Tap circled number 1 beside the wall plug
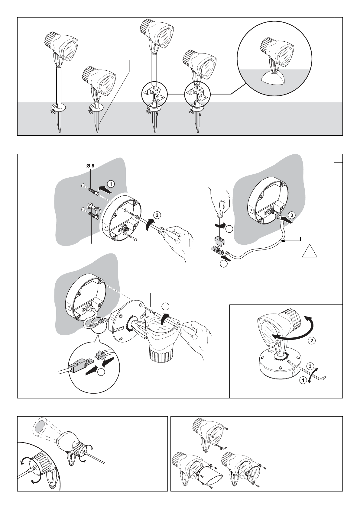pyautogui.click(x=111, y=184)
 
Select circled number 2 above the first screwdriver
pyautogui.click(x=157, y=215)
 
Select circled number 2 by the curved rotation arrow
pyautogui.click(x=312, y=340)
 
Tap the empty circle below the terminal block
pyautogui.click(x=224, y=264)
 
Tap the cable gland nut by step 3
pyautogui.click(x=277, y=215)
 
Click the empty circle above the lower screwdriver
pyautogui.click(x=166, y=307)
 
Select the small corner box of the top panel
pyautogui.click(x=338, y=22)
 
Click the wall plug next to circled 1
pyautogui.click(x=93, y=191)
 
